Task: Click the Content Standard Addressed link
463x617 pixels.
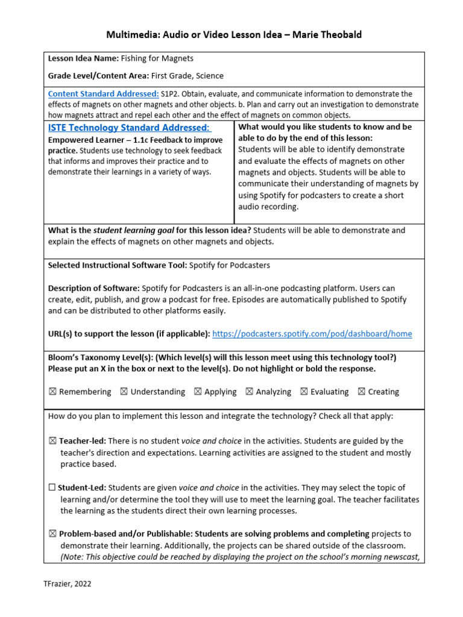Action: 103,94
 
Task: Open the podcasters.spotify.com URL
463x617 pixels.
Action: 312,334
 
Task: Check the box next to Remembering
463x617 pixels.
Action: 52,392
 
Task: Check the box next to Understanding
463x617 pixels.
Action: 124,392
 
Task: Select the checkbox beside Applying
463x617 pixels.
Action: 197,392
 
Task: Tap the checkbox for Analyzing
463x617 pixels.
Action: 249,392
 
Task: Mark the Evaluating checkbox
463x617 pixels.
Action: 304,392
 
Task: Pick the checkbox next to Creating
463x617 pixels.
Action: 361,392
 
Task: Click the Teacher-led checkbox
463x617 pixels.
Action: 52,441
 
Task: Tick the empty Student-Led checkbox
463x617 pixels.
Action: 52,488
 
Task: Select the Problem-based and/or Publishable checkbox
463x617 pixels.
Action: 52,534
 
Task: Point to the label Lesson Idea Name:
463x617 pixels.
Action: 83,59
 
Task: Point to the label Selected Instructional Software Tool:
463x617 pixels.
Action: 117,265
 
